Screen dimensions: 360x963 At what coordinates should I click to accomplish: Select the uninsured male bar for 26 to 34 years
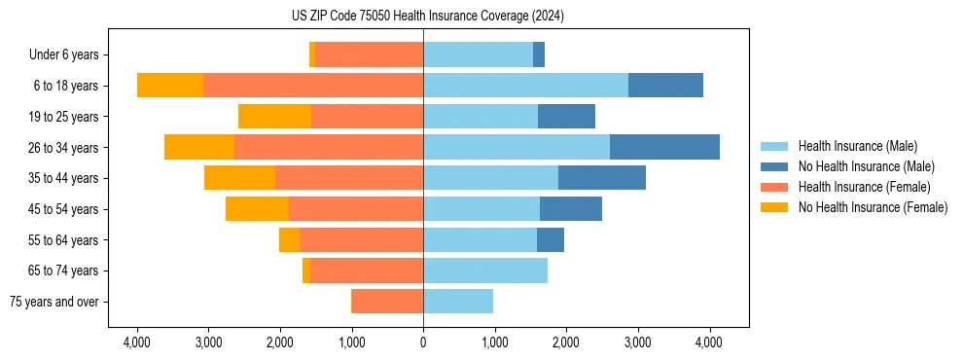click(664, 147)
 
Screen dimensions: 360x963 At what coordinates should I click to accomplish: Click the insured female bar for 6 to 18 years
click(313, 86)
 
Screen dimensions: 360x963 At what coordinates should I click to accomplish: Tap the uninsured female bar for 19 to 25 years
click(274, 117)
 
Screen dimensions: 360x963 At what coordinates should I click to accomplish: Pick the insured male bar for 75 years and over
click(458, 302)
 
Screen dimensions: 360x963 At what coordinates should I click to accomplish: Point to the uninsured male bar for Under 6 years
click(539, 54)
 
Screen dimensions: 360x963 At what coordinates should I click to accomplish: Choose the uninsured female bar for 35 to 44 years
click(239, 178)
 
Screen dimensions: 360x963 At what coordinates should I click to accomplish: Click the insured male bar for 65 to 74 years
click(485, 270)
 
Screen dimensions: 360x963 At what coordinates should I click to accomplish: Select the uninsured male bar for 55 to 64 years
click(551, 239)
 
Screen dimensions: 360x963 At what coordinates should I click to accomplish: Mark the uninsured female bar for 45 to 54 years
click(257, 209)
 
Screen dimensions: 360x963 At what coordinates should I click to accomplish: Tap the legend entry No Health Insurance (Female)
click(873, 207)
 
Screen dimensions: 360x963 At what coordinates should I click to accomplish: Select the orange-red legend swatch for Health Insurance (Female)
click(774, 187)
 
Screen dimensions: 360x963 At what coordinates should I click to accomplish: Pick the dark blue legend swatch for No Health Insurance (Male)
click(774, 166)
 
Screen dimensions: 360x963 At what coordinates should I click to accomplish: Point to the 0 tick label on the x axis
click(423, 342)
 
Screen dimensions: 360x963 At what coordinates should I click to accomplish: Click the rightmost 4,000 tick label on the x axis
click(709, 342)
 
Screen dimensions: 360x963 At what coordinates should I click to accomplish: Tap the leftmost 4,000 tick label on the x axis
click(137, 342)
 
